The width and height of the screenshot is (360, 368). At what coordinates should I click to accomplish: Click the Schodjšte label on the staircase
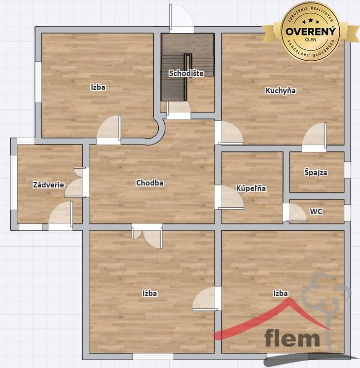(x=186, y=73)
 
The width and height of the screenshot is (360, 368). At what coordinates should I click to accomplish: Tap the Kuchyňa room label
(x=281, y=91)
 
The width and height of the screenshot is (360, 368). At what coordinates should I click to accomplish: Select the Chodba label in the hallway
(x=150, y=183)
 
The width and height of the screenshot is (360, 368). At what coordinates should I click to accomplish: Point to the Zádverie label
(x=48, y=184)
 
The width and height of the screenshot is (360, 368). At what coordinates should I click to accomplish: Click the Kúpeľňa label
(x=251, y=188)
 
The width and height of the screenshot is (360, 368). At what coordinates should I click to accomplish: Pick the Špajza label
(x=316, y=173)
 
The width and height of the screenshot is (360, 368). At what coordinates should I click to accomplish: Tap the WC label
(x=316, y=212)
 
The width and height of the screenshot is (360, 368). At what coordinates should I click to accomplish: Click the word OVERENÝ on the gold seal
(x=311, y=31)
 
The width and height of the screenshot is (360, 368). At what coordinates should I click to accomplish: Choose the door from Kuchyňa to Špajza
(x=315, y=137)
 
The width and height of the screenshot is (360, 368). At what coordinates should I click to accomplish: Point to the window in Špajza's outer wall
(x=347, y=170)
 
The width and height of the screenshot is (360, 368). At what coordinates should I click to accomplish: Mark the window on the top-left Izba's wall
(x=38, y=82)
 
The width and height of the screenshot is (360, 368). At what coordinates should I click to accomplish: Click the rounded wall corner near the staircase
(x=160, y=131)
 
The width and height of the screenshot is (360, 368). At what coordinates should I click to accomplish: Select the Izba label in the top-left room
(x=98, y=87)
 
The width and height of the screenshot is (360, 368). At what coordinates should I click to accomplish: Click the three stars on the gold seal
(x=311, y=21)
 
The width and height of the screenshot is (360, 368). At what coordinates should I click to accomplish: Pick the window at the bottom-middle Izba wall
(x=153, y=357)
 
